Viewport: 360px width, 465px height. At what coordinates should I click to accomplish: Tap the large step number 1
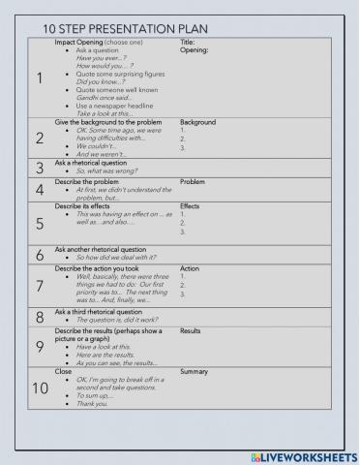click(40, 79)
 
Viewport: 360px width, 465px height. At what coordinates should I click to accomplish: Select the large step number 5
click(40, 224)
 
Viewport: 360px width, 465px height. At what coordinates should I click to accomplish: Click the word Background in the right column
click(197, 123)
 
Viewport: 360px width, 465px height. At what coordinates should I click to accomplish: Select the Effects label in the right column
click(190, 206)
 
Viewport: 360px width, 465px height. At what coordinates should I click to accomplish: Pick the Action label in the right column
click(190, 268)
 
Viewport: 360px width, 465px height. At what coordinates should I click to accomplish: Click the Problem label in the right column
click(193, 181)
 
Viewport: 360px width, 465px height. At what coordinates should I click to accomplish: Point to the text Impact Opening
click(81, 43)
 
